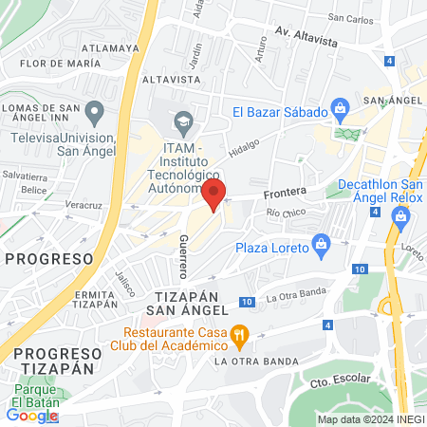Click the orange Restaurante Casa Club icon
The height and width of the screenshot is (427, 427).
tap(239, 334)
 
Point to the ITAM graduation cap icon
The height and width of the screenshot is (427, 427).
tap(182, 121)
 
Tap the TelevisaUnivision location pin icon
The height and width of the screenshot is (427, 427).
tap(93, 114)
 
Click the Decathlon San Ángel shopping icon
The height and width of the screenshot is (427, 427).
tap(400, 217)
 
